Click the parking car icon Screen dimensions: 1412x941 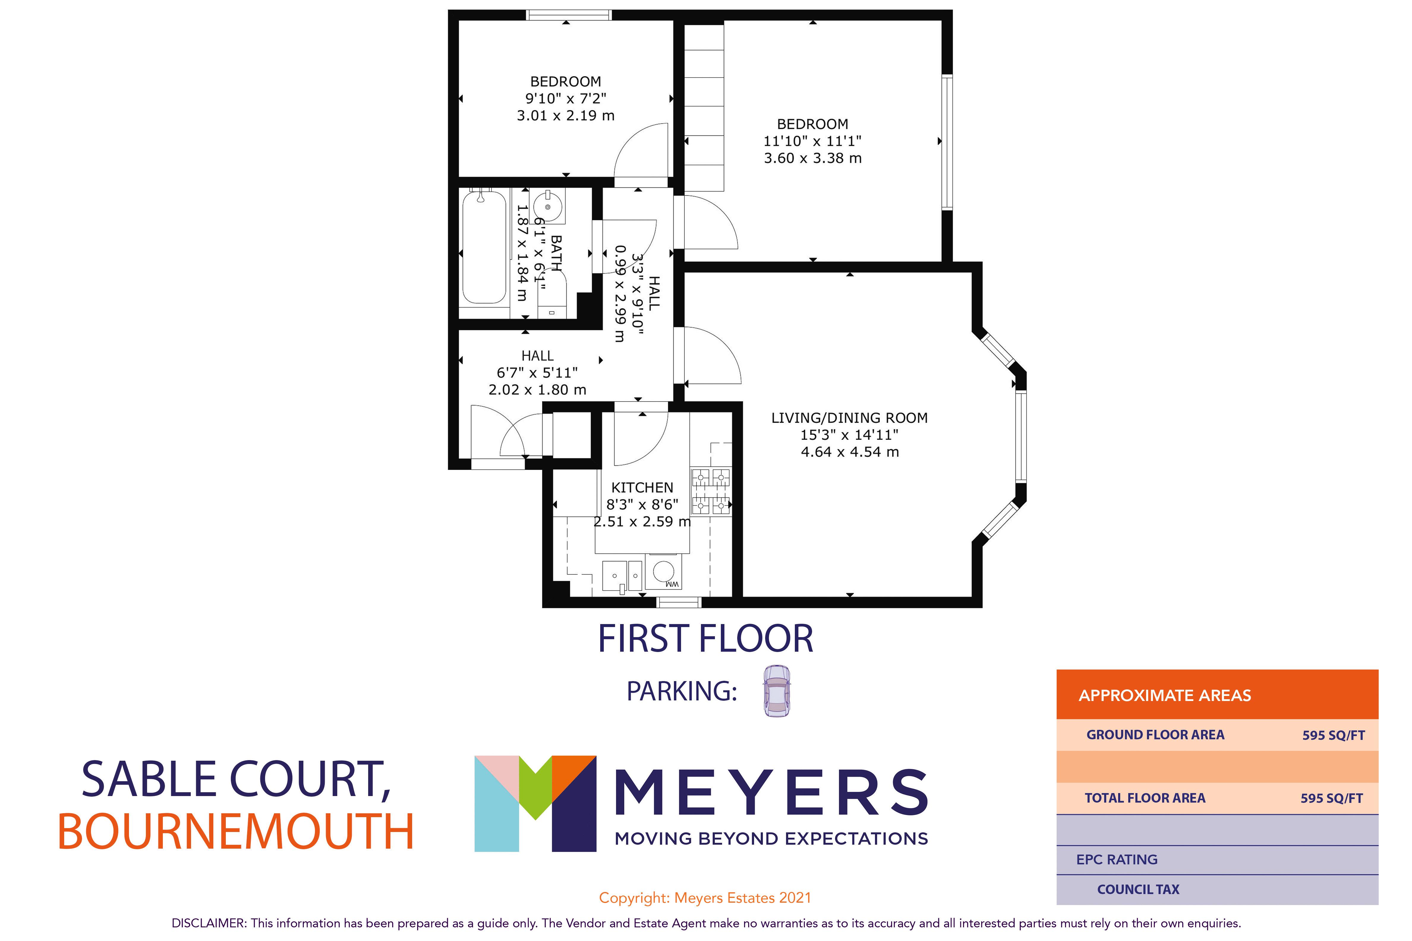click(x=777, y=691)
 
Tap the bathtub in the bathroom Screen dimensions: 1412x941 click(x=484, y=247)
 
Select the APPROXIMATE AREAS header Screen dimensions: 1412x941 click(x=1165, y=696)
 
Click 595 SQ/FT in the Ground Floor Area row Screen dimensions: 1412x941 click(x=1333, y=735)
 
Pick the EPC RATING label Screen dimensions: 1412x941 click(x=1117, y=859)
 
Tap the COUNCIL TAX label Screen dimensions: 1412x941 click(x=1138, y=889)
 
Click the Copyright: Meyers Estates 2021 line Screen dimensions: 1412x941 click(x=705, y=898)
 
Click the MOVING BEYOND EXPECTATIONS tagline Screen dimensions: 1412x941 click(x=771, y=839)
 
